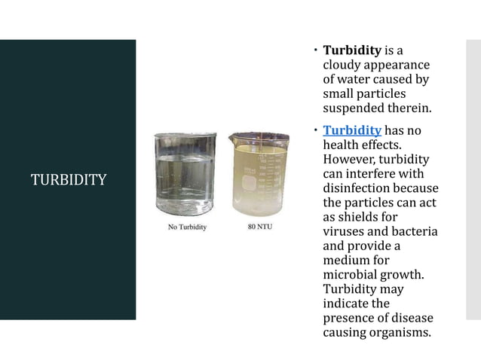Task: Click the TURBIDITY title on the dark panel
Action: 68,180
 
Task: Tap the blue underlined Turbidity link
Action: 351,130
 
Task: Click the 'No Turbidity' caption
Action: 185,227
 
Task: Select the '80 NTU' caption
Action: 261,226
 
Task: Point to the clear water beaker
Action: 185,175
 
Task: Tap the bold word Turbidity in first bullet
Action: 352,51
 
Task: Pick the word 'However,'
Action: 351,159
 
